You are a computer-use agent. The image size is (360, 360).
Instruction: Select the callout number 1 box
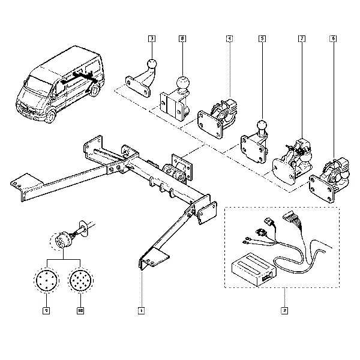[141, 310]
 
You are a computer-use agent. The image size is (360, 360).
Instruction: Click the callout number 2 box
[284, 310]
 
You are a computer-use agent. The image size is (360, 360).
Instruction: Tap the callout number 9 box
[45, 310]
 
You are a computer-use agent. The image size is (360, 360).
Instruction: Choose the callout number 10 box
[80, 310]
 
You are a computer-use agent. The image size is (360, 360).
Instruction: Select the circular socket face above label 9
[45, 280]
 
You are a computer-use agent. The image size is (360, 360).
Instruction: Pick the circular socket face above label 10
[80, 280]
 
